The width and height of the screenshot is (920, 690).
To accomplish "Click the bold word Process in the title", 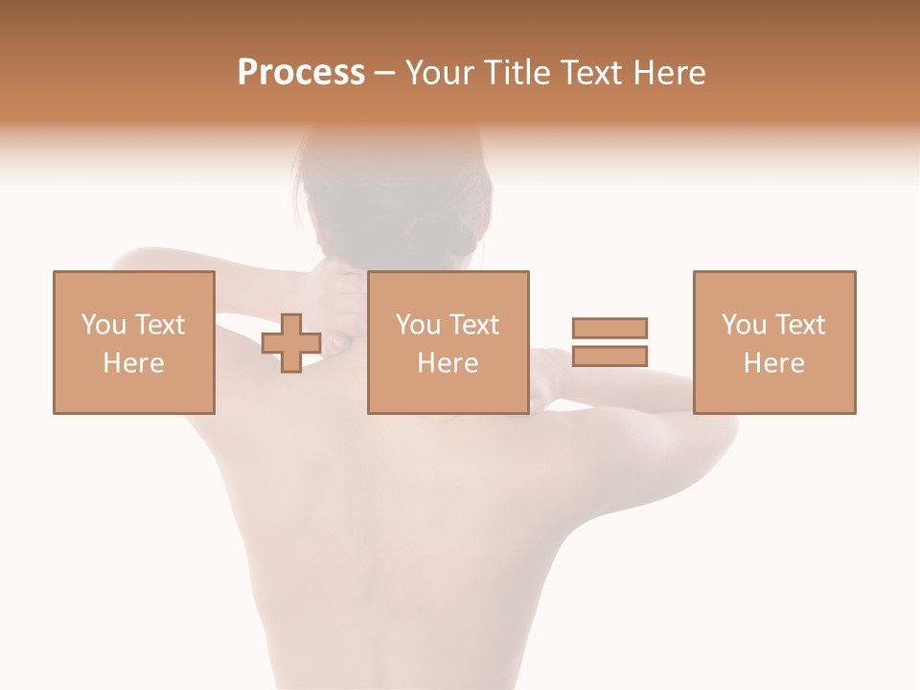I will pyautogui.click(x=301, y=73).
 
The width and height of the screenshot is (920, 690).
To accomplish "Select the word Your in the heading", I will pyautogui.click(x=440, y=73).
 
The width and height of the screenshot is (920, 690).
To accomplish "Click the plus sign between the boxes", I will pyautogui.click(x=291, y=342).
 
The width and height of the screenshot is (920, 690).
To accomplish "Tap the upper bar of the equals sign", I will pyautogui.click(x=609, y=328).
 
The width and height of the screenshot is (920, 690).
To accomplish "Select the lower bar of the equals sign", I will pyautogui.click(x=609, y=356).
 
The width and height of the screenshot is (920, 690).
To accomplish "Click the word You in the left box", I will pyautogui.click(x=103, y=325).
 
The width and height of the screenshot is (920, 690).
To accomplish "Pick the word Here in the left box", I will pyautogui.click(x=133, y=363).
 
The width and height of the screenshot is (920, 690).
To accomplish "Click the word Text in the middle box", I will pyautogui.click(x=474, y=325).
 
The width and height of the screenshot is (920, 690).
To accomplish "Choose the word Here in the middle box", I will pyautogui.click(x=448, y=363).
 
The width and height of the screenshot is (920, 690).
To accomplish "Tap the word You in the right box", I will pyautogui.click(x=743, y=325).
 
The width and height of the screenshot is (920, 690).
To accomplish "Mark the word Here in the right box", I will pyautogui.click(x=773, y=363).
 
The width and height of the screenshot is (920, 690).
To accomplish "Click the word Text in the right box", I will pyautogui.click(x=800, y=325).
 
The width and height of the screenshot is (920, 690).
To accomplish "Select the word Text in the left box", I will pyautogui.click(x=160, y=325).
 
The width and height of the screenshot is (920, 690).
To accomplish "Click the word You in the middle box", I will pyautogui.click(x=418, y=325).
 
